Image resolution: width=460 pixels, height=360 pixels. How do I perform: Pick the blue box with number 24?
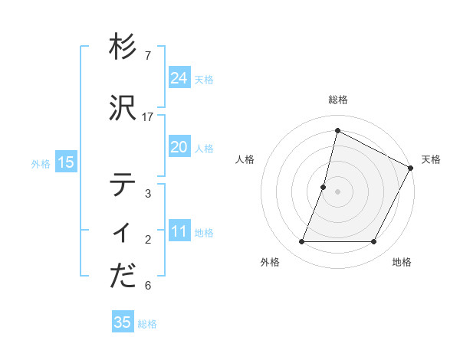tap(179, 78)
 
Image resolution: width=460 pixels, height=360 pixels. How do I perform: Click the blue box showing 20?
tap(179, 147)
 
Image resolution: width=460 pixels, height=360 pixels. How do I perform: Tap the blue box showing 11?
tap(179, 232)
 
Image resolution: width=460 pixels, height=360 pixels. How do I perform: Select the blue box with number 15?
tap(65, 162)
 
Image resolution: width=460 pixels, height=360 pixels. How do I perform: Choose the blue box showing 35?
tap(122, 322)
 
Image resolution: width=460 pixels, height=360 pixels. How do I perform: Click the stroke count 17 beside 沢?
tap(148, 116)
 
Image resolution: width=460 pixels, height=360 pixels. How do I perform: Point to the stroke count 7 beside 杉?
tap(148, 56)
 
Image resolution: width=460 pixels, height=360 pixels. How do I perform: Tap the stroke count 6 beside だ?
tap(148, 286)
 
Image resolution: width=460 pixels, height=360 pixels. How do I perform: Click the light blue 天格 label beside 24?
tap(204, 80)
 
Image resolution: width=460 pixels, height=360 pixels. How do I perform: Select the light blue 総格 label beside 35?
tap(147, 324)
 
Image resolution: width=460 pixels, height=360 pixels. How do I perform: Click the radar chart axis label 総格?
tap(337, 100)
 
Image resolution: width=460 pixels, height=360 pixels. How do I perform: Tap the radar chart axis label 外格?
tap(270, 262)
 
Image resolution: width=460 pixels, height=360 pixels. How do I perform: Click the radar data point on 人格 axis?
tap(324, 187)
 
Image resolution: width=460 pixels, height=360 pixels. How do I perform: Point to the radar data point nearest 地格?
tap(374, 242)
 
